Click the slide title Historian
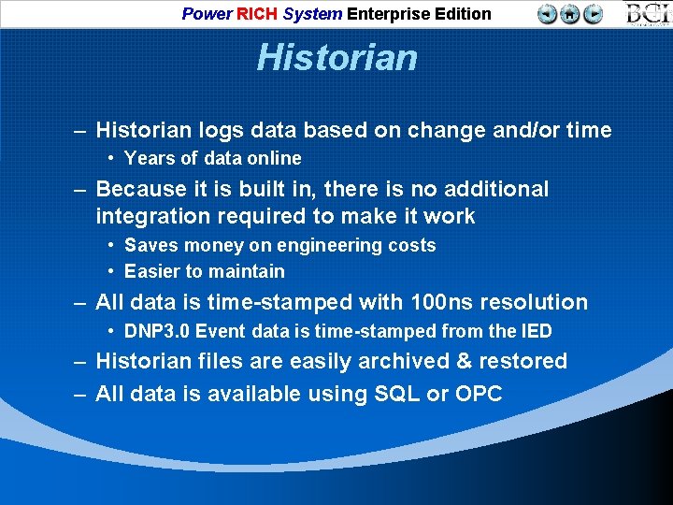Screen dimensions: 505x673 336,58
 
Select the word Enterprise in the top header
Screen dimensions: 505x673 384,14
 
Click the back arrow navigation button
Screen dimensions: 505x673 548,14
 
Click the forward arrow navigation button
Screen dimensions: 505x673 593,14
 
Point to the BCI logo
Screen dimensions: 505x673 648,14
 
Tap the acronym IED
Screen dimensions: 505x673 536,331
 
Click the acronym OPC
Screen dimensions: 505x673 479,394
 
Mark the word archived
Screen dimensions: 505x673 390,361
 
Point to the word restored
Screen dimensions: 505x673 523,361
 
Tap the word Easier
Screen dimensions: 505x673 152,271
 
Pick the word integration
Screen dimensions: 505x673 150,216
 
